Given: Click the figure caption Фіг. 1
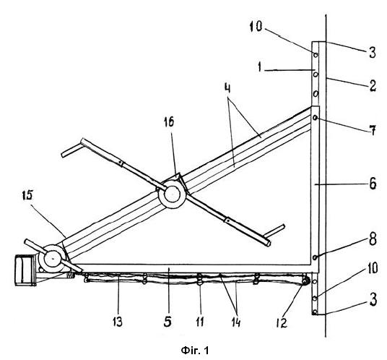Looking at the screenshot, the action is [195, 350].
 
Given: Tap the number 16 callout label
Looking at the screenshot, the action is [169, 122].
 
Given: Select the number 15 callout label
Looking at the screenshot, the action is [27, 195].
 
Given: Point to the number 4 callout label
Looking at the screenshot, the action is [227, 88].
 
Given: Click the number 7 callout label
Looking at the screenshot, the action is [373, 129].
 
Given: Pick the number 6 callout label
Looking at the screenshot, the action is [373, 184].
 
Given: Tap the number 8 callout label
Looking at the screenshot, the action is [373, 240].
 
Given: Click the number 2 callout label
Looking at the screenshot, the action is [373, 86].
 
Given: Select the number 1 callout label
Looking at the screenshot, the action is [259, 67].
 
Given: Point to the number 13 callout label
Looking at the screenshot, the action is [118, 322].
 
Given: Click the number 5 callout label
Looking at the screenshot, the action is [168, 322].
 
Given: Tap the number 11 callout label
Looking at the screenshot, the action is [200, 322].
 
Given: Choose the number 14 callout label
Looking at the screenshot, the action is [235, 322].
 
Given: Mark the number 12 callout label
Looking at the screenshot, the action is [282, 322].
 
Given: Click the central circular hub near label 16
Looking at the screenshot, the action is [172, 194].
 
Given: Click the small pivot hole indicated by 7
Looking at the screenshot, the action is [315, 118].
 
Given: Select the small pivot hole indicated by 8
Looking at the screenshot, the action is [315, 257].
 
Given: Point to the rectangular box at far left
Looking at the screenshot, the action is [25, 270].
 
